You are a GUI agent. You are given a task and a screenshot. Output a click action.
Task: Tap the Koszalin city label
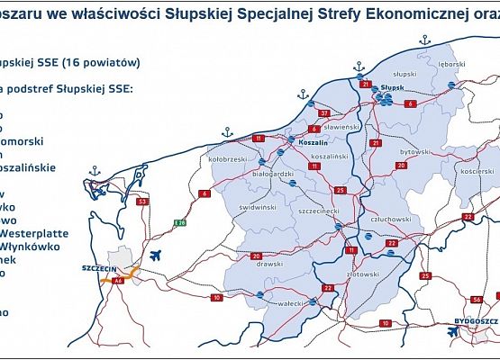(313, 142)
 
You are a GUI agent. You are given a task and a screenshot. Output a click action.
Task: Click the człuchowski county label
(384, 219)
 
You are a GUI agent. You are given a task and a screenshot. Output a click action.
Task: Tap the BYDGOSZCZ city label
(470, 319)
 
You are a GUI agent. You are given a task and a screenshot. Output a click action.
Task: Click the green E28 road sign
(179, 222)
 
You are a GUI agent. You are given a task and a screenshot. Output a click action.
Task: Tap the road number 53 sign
(142, 202)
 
